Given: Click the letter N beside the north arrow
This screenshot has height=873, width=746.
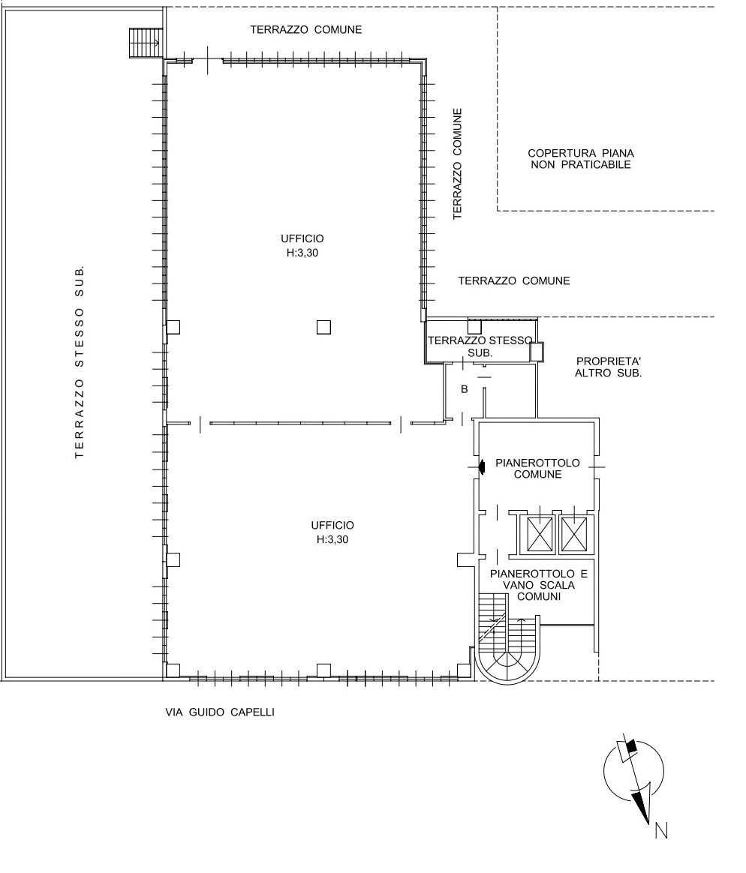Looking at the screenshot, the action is [x=661, y=831].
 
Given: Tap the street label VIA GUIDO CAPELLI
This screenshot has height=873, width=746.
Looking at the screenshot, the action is [x=220, y=712].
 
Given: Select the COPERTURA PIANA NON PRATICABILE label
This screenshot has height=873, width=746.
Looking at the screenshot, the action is [x=581, y=159].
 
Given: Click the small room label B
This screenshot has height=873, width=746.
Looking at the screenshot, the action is [x=464, y=390].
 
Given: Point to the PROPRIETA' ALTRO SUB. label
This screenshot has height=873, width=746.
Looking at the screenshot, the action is [x=609, y=367].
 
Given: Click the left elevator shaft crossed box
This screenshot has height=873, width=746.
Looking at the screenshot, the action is [x=540, y=534].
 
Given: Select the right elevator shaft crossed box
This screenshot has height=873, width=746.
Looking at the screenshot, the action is [x=574, y=534].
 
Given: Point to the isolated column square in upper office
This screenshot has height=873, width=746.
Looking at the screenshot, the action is [x=323, y=327].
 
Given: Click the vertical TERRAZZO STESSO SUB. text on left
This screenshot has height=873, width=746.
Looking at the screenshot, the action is [x=80, y=361].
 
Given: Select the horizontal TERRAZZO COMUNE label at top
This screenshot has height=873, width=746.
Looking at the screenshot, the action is [x=306, y=29].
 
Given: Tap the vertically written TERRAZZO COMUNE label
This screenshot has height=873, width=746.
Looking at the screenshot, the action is [x=457, y=163].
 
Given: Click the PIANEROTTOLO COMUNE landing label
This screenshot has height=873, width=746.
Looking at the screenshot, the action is [x=537, y=468].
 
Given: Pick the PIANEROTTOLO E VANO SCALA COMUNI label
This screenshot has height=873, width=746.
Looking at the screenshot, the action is [x=539, y=584].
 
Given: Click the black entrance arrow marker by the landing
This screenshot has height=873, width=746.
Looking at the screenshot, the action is [x=483, y=466].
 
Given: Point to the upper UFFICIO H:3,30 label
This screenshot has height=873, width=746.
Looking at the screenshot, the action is [x=302, y=245].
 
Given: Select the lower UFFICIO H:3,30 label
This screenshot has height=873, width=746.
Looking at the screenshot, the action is [x=332, y=532].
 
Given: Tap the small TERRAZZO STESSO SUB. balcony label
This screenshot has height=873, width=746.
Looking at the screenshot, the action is [x=480, y=346].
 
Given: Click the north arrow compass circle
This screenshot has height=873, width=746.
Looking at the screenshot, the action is [x=634, y=772].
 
